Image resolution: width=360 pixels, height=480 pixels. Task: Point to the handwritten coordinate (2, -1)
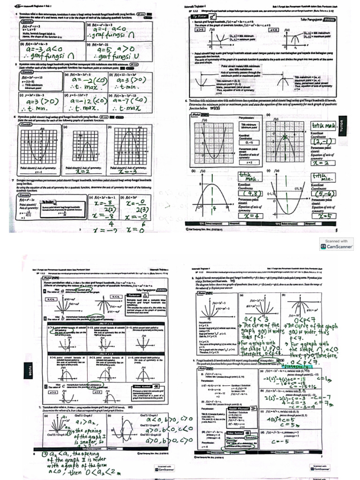324,141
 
